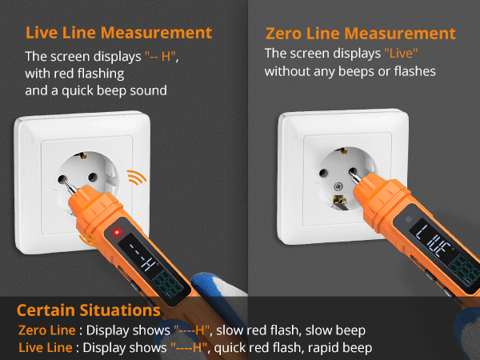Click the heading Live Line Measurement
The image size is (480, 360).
(x=118, y=33)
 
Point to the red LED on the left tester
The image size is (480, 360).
(x=117, y=232)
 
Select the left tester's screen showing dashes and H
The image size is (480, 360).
(x=144, y=253)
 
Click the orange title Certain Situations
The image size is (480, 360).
(x=88, y=310)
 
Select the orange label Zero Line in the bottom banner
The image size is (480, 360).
(x=47, y=330)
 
